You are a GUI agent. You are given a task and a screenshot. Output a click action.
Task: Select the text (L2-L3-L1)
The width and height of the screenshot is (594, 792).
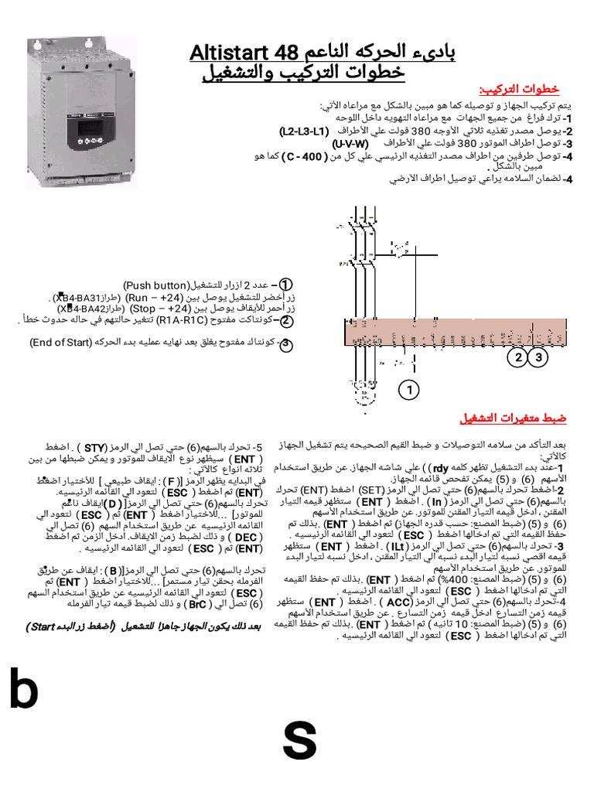coord(304,131)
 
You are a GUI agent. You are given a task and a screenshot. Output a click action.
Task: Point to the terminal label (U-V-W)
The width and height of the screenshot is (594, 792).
coord(350,144)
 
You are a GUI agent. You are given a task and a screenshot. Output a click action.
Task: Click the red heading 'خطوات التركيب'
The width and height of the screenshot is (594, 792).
coord(524,89)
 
